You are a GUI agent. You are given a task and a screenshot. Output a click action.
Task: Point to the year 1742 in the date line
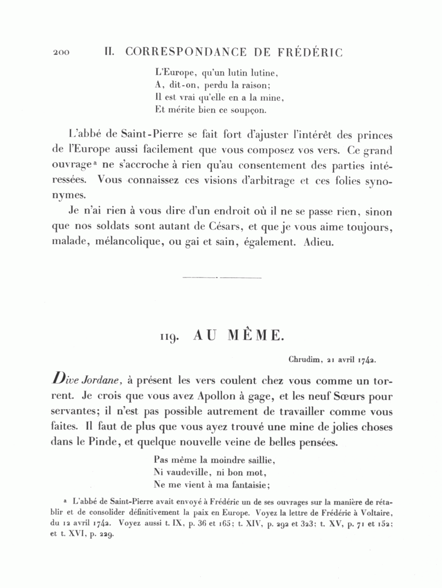coord(366,360)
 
